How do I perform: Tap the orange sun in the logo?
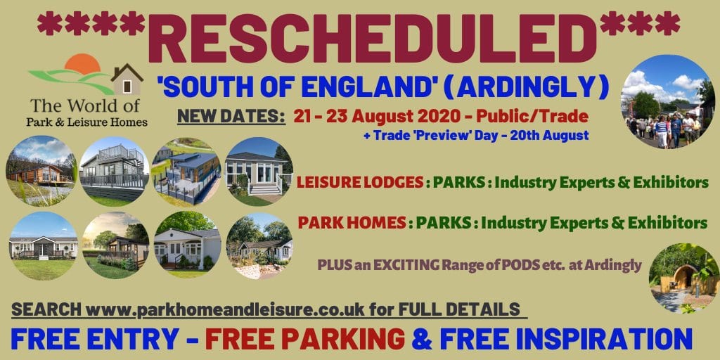(x=82, y=63)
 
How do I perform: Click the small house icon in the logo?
(x=127, y=80)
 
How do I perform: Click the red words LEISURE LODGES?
(x=360, y=183)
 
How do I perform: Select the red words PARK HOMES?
(x=352, y=223)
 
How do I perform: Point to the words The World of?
(x=84, y=107)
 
